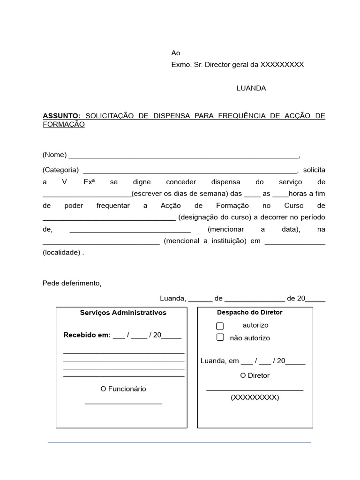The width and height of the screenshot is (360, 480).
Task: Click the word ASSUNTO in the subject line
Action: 62,116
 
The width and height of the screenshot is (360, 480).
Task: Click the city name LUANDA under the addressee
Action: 251,88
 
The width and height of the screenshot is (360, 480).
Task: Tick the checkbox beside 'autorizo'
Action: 220,326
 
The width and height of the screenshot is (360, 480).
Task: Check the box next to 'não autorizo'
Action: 220,337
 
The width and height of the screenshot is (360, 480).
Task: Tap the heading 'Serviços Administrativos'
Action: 123,313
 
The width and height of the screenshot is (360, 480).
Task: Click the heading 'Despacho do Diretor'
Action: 250,312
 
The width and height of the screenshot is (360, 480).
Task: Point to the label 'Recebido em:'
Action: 87,335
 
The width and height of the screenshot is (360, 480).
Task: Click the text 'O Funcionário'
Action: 123,389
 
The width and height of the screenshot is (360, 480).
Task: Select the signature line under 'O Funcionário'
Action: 123,403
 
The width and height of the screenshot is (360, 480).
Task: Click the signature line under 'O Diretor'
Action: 255,390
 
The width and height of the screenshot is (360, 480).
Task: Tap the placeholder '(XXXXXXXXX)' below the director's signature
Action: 255,397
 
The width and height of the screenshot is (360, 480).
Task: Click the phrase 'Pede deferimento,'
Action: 72,283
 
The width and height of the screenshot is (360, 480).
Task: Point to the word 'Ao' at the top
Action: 176,53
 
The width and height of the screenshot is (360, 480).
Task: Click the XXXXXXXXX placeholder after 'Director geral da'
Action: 282,65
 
